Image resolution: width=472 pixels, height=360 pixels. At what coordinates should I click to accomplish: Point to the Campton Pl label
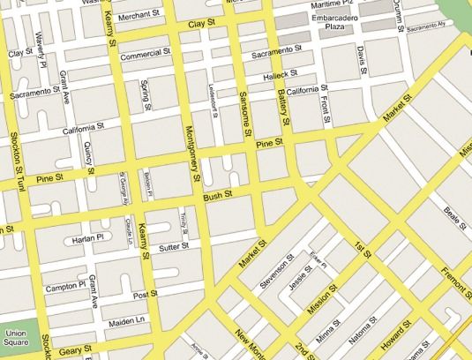[x=64, y=286]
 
